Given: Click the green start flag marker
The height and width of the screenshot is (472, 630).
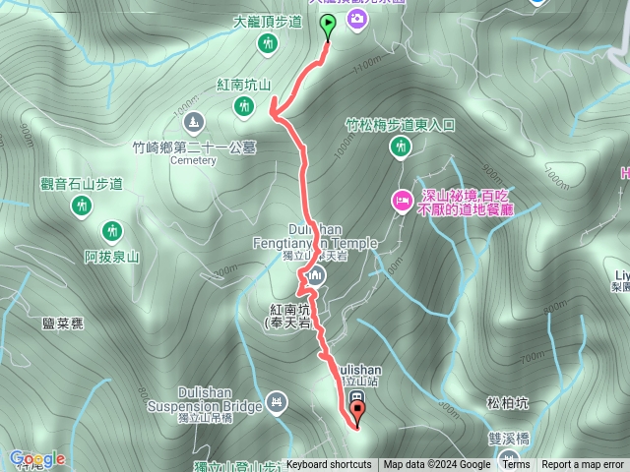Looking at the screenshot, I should (328, 25).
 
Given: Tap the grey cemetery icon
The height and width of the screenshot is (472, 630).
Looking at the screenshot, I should (194, 121).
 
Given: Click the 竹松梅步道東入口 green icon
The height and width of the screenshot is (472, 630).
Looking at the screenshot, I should (400, 147).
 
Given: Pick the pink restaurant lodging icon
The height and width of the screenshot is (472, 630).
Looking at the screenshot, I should (402, 200).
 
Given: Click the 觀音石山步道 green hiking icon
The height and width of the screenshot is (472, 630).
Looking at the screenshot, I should (81, 206).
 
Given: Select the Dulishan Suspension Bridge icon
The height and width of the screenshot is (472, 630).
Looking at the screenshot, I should (277, 402).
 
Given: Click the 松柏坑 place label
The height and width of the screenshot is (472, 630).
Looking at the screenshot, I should (508, 403).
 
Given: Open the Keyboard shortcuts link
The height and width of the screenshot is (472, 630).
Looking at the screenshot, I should (329, 465).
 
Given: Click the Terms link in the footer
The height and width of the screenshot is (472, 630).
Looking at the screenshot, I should (516, 465).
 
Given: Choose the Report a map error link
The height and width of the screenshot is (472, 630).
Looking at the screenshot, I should (584, 465).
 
